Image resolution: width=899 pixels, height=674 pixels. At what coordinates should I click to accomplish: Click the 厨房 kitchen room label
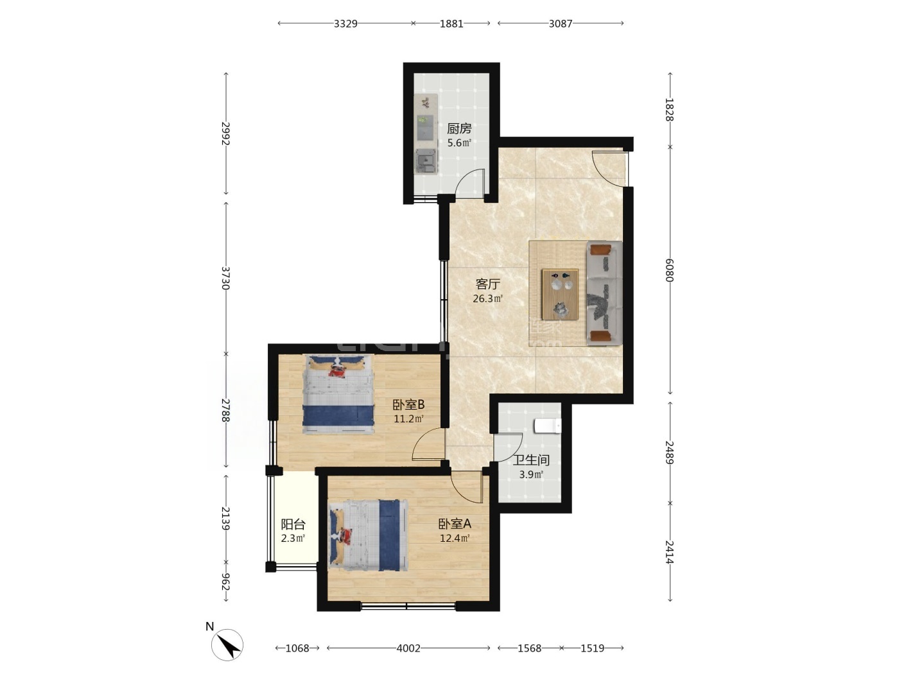458,128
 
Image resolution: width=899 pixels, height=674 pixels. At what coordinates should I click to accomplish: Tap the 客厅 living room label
488,284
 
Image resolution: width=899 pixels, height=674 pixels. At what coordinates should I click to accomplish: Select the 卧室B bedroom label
408,405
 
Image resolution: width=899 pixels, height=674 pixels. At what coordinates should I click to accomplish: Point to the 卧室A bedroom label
455,523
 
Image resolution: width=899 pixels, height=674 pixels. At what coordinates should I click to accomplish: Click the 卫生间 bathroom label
531,460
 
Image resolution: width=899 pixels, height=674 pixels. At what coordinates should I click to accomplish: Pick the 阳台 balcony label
293,524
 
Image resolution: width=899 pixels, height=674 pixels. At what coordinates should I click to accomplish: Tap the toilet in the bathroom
548,426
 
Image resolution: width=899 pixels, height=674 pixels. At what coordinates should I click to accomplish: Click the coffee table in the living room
560,294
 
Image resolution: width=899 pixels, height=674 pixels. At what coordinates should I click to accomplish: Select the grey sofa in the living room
604,293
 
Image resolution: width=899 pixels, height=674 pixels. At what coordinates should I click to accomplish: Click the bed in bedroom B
338,394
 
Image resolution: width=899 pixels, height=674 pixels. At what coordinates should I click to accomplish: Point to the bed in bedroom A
369,535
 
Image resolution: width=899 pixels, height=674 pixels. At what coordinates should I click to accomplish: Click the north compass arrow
229,644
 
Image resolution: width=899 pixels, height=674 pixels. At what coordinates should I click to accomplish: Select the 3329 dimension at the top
345,23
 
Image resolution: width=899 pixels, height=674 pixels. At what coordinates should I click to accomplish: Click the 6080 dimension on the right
670,270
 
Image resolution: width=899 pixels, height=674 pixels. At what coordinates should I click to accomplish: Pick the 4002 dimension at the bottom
408,648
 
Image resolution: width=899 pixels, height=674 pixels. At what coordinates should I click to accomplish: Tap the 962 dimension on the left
225,582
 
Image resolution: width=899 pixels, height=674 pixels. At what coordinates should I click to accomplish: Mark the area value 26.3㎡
488,298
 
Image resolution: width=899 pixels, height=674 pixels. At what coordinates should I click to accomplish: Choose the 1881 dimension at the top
451,23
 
